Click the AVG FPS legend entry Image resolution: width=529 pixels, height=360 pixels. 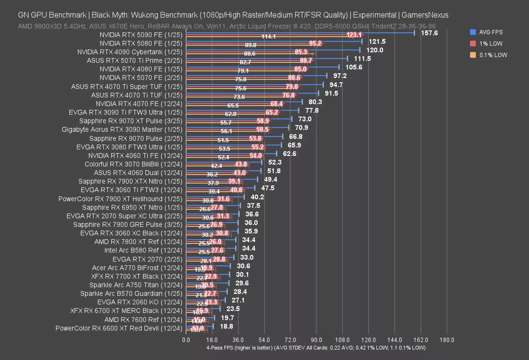pyautogui.click(x=491, y=32)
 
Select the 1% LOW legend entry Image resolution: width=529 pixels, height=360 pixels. pyautogui.click(x=491, y=44)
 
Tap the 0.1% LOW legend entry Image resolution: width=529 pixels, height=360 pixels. pyautogui.click(x=493, y=55)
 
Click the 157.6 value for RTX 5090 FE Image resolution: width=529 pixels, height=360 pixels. pyautogui.click(x=429, y=33)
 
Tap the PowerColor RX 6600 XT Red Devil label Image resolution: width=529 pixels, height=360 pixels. pyautogui.click(x=119, y=328)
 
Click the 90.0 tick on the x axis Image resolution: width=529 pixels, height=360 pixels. pyautogui.click(x=316, y=340)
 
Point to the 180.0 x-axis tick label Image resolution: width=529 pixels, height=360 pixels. pyautogui.click(x=447, y=340)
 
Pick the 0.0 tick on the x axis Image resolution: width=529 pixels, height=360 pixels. pyautogui.click(x=186, y=340)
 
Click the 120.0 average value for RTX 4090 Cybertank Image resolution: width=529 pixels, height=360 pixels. pyautogui.click(x=375, y=50)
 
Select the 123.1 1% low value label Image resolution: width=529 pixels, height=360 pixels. pyautogui.click(x=354, y=35)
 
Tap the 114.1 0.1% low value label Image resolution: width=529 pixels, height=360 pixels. pyautogui.click(x=268, y=37)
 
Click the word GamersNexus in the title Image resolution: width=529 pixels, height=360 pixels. pyautogui.click(x=425, y=15)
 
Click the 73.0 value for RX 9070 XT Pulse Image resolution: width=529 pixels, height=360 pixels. pyautogui.click(x=305, y=119)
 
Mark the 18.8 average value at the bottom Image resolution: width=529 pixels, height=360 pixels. pyautogui.click(x=226, y=326)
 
